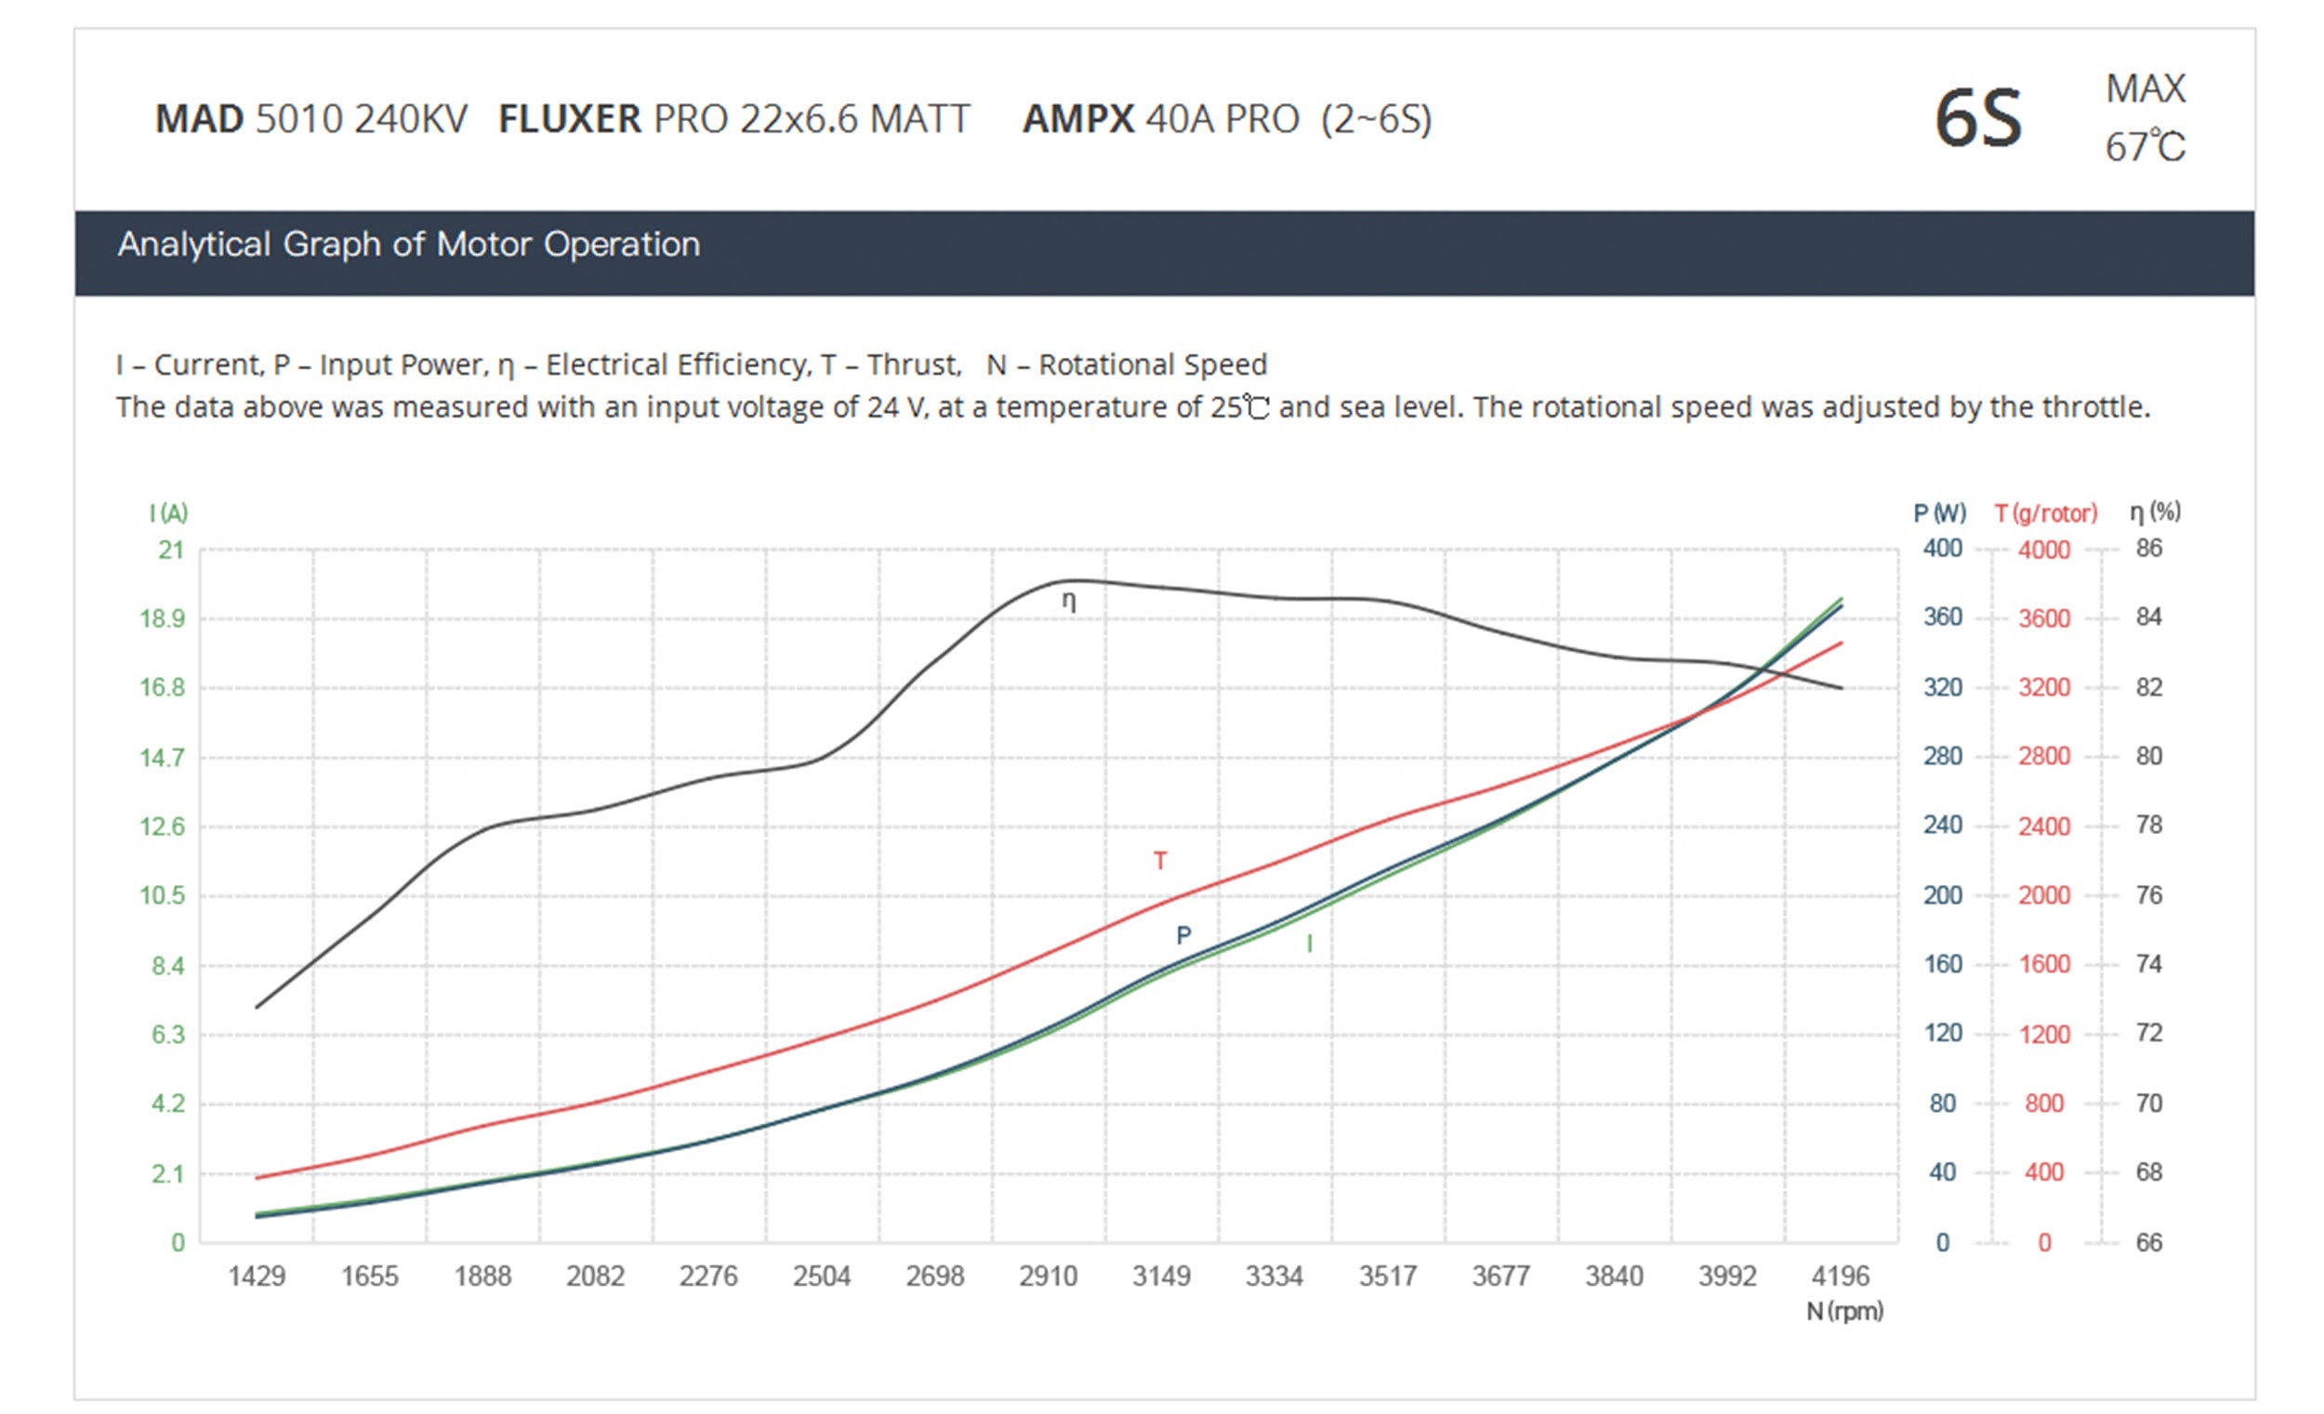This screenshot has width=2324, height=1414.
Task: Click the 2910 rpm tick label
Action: point(1048,1276)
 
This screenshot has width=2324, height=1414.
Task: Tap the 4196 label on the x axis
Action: point(1841,1276)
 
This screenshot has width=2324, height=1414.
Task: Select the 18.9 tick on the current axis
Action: point(163,619)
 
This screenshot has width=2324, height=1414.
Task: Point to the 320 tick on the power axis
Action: point(1942,687)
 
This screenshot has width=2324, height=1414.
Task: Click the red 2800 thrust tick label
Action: point(2044,757)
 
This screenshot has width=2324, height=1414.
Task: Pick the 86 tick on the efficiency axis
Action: point(2148,548)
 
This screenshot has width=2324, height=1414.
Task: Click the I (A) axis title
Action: point(169,513)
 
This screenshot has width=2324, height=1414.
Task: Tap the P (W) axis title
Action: point(1939,513)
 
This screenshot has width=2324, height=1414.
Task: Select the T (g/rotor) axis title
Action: point(2046,513)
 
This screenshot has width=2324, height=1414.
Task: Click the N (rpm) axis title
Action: point(1844,1311)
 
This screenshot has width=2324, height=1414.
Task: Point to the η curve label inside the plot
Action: point(1069,601)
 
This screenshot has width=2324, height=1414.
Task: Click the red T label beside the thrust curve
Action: point(1160,860)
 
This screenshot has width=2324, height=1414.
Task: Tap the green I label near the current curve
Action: point(1309,944)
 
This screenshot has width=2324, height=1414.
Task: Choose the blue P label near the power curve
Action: point(1183,935)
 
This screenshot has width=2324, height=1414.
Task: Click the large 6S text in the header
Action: point(1978,119)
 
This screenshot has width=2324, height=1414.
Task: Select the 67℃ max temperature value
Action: point(2145,147)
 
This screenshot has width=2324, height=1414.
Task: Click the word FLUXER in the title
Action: point(570,120)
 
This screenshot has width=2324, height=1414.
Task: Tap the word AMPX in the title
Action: point(1078,120)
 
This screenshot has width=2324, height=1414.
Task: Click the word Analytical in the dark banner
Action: point(193,244)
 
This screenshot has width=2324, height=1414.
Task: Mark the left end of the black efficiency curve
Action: point(257,1008)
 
